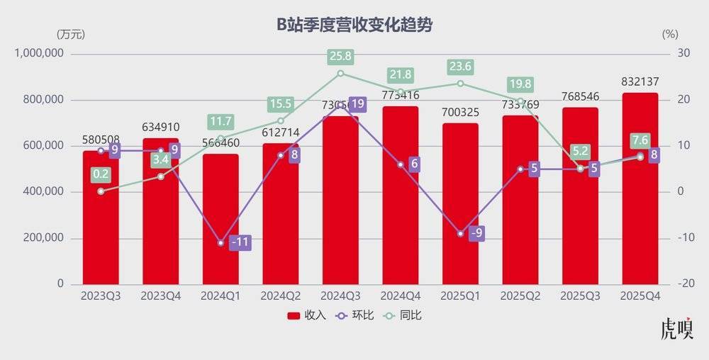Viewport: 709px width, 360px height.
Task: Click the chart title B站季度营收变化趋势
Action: [354, 26]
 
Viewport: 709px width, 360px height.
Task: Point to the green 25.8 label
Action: [340, 55]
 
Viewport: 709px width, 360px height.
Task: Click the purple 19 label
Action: [358, 105]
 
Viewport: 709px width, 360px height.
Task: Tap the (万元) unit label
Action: [69, 33]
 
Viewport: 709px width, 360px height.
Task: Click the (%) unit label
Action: [670, 33]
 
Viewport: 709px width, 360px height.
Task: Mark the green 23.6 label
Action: [460, 67]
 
